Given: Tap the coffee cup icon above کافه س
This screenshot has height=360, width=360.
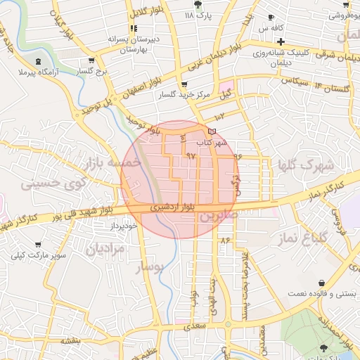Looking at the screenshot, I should pyautogui.click(x=271, y=18).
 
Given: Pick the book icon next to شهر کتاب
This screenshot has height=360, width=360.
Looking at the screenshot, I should pyautogui.click(x=212, y=131).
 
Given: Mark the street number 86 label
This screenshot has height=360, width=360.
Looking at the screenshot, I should pyautogui.click(x=226, y=240).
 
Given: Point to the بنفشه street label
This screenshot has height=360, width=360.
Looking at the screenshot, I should pyautogui.click(x=71, y=341).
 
